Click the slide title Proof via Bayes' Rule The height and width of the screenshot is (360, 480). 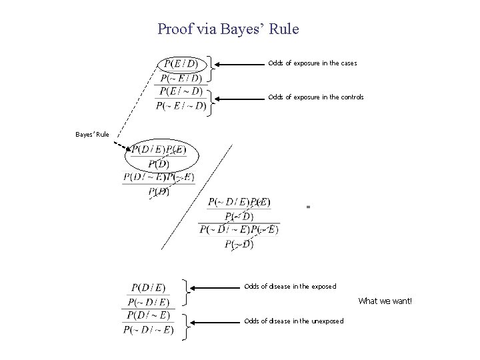(229, 29)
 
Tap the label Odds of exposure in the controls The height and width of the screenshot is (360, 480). (315, 97)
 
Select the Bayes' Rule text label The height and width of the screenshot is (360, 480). (91, 135)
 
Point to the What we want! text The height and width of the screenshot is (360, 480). (385, 301)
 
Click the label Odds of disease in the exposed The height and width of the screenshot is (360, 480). (290, 287)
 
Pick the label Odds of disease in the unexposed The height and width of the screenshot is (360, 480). (293, 321)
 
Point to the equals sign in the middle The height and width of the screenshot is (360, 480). (308, 207)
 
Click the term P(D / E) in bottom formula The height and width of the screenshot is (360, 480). (149, 288)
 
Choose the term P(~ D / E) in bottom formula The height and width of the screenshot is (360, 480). (149, 302)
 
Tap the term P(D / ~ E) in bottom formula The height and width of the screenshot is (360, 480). (149, 315)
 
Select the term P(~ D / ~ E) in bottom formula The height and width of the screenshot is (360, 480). (149, 329)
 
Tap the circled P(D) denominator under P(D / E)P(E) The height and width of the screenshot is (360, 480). (159, 164)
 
